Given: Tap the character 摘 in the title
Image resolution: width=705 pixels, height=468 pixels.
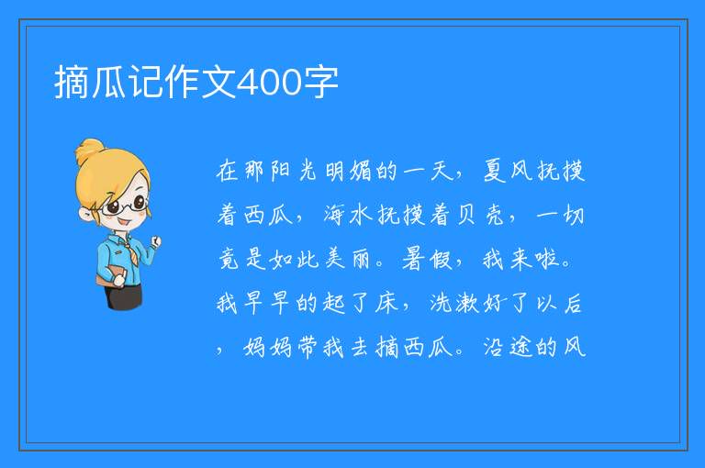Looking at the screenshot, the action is click(x=71, y=83).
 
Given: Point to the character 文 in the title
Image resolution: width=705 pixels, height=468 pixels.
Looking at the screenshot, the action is click(x=218, y=83).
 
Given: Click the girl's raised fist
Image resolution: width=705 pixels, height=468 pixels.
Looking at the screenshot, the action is click(x=155, y=241).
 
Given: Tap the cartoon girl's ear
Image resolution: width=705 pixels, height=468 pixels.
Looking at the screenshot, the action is click(x=85, y=215).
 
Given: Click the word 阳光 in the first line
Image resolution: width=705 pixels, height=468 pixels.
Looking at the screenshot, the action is click(x=294, y=172).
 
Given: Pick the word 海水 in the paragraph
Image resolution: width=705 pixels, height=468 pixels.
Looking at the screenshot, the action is click(x=348, y=215).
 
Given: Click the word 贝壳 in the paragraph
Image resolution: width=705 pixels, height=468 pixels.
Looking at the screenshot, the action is click(x=480, y=215).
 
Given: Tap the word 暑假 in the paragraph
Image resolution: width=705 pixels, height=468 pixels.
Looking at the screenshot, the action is click(x=426, y=259).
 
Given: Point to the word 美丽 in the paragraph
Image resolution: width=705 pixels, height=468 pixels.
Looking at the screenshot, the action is click(x=348, y=259).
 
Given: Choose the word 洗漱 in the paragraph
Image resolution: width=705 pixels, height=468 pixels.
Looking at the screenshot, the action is click(x=454, y=303).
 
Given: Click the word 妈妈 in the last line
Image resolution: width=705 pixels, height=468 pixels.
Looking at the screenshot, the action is click(x=267, y=347).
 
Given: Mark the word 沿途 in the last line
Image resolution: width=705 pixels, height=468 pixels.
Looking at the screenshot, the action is click(x=508, y=347).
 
